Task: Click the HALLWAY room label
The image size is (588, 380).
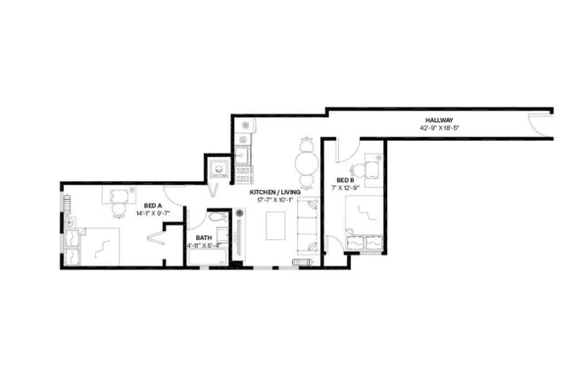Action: tap(438, 120)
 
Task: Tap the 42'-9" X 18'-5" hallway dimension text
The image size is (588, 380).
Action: tap(438, 128)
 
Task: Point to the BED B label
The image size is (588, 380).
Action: tap(345, 180)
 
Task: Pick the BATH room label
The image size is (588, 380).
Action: tap(204, 238)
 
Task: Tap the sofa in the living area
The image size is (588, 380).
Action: tap(308, 227)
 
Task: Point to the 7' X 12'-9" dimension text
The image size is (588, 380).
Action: tap(345, 188)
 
